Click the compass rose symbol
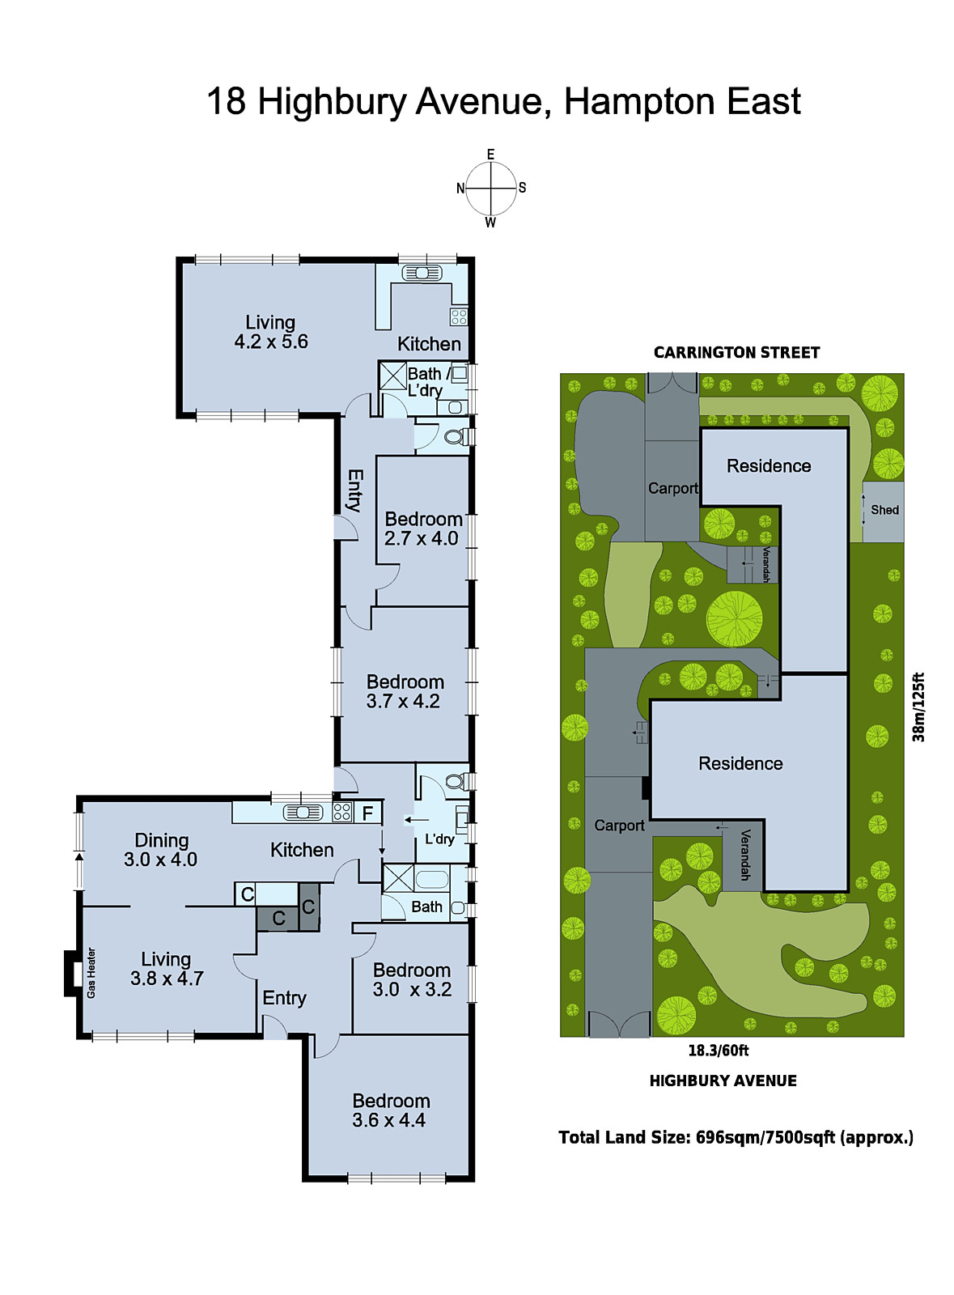click(x=490, y=189)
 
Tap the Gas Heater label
click(x=91, y=972)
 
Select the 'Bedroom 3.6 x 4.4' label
click(x=390, y=1110)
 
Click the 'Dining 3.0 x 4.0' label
click(x=161, y=850)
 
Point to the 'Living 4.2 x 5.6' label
click(x=270, y=332)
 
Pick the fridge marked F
click(x=367, y=813)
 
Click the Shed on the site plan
click(x=884, y=511)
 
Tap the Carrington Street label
click(x=736, y=353)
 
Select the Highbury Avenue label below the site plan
click(x=723, y=1081)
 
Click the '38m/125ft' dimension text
click(x=918, y=707)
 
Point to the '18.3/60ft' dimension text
click(x=718, y=1051)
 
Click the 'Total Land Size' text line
click(x=736, y=1137)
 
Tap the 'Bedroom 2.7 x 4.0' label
click(x=422, y=529)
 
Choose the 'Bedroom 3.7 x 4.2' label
click(x=405, y=692)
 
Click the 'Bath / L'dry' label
click(x=427, y=381)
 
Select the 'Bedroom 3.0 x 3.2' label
click(x=412, y=979)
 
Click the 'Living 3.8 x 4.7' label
click(x=167, y=969)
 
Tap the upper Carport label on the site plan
click(x=672, y=488)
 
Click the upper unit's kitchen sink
click(x=422, y=274)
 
